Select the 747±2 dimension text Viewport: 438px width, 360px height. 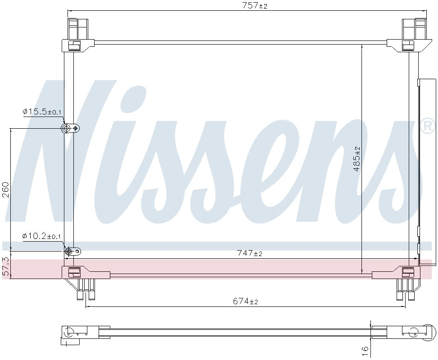click(249, 253)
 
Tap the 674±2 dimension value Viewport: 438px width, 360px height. click(245, 301)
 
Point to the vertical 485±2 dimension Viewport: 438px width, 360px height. click(357, 158)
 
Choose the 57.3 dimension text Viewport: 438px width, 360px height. click(5, 266)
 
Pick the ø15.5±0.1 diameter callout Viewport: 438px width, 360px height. click(42, 112)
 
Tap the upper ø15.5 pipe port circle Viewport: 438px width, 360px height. click(67, 129)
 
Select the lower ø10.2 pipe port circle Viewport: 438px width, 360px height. click(69, 252)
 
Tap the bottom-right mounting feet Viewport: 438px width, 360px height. click(406, 289)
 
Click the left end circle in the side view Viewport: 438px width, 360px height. click(69, 333)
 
